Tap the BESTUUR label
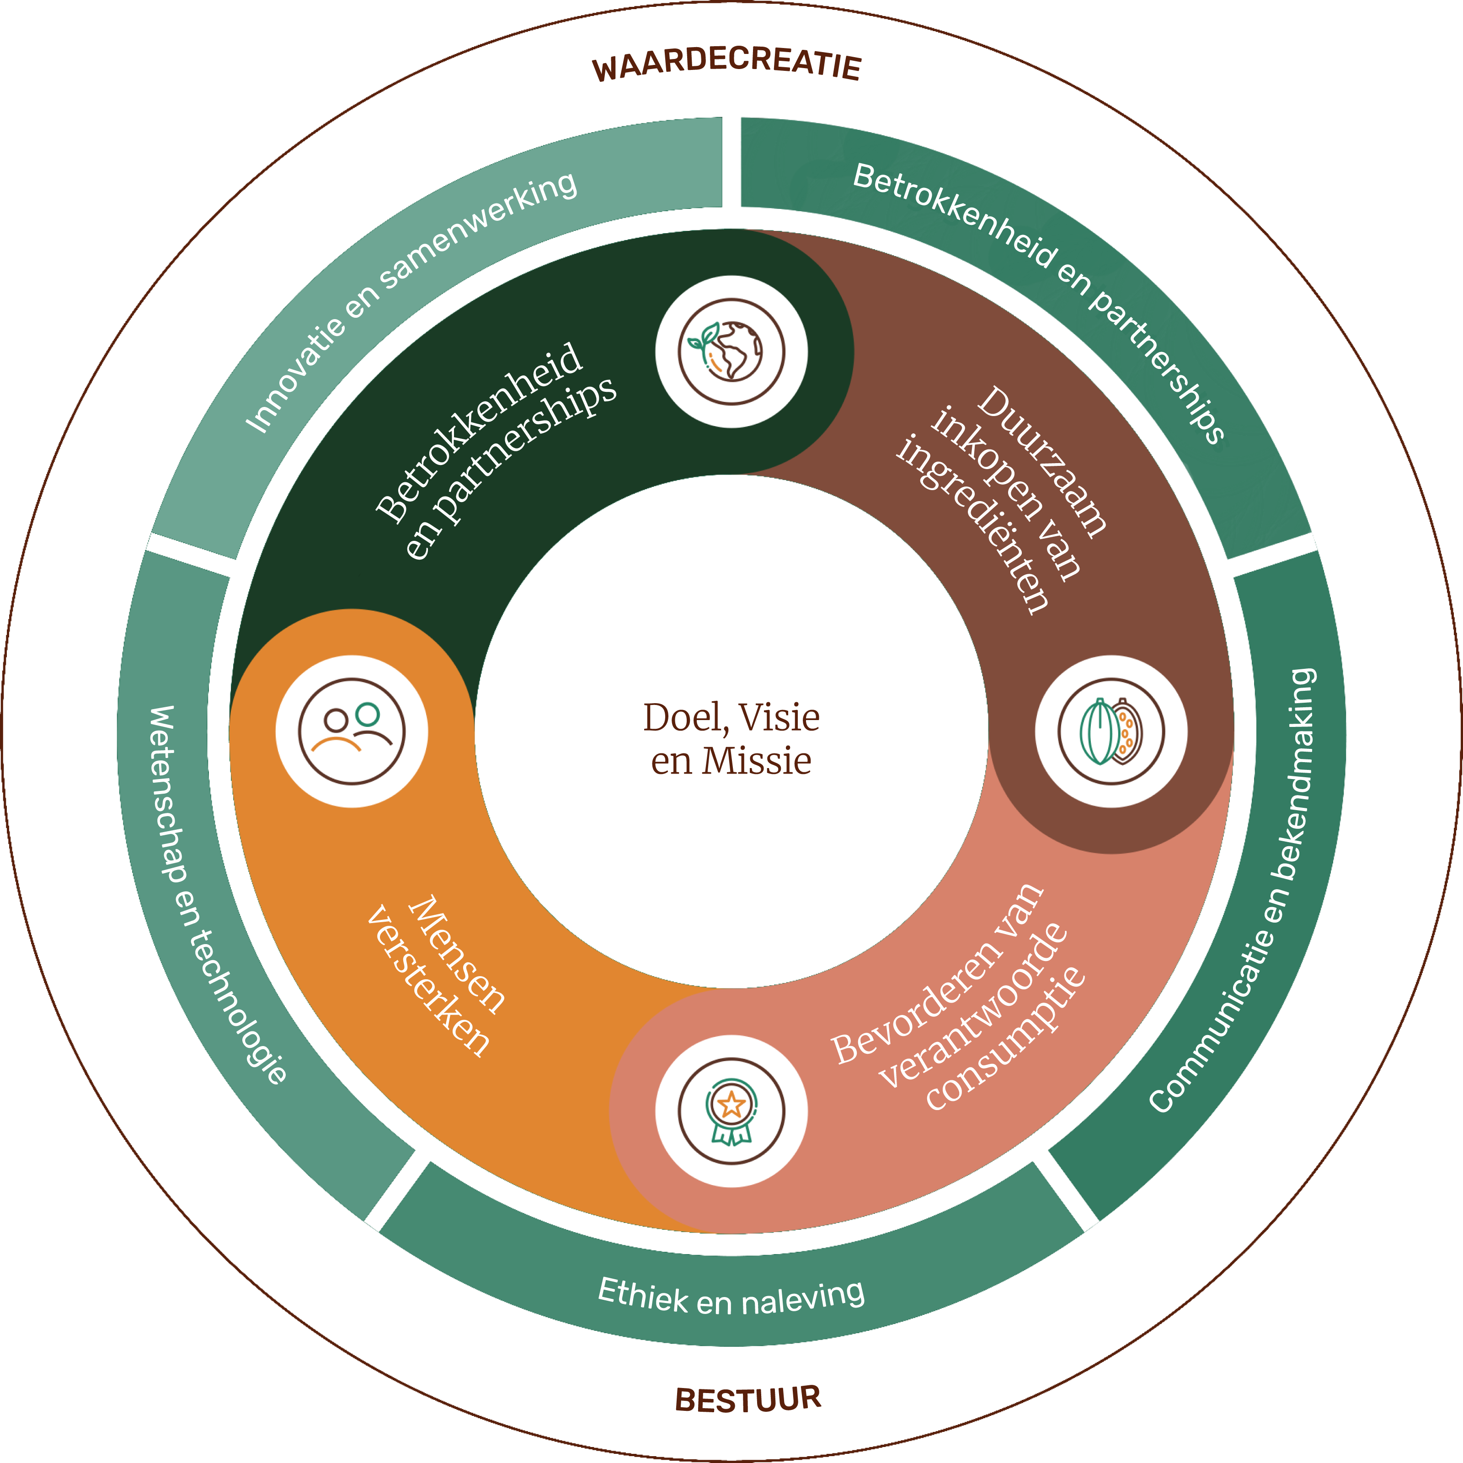[748, 1399]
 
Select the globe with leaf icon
[731, 352]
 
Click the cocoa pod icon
[1111, 731]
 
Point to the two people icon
[352, 731]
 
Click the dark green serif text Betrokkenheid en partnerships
[496, 451]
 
